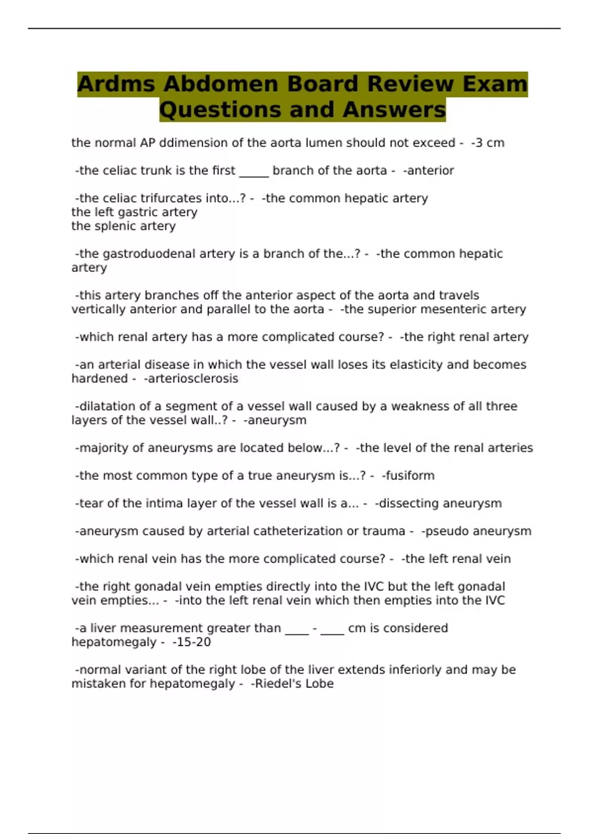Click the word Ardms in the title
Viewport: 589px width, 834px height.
pyautogui.click(x=116, y=84)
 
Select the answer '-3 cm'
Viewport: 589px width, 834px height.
pyautogui.click(x=487, y=143)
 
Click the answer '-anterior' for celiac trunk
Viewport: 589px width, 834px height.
pyautogui.click(x=428, y=171)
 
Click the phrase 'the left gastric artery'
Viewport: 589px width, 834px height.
pyautogui.click(x=134, y=212)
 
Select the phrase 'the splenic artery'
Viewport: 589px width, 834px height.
pyautogui.click(x=124, y=226)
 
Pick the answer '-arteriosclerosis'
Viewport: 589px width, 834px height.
pyautogui.click(x=191, y=379)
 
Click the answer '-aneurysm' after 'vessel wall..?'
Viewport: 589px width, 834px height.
pyautogui.click(x=275, y=420)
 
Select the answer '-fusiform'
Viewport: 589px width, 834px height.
pyautogui.click(x=408, y=476)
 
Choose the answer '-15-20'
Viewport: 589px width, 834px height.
pyautogui.click(x=191, y=642)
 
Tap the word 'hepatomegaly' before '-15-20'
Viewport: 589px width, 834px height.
pyautogui.click(x=114, y=642)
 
